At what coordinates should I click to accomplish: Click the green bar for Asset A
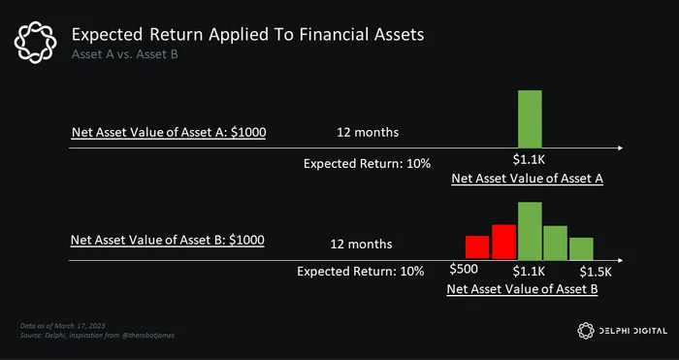pos(530,118)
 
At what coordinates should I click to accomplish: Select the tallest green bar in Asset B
pos(530,231)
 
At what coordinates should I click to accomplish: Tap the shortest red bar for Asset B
pos(477,246)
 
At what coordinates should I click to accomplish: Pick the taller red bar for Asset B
pos(503,242)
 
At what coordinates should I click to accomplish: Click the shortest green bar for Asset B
pos(581,248)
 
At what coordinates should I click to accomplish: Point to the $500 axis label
pos(464,269)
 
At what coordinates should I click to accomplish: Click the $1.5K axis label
pos(596,272)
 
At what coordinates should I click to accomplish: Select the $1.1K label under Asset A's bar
pos(529,159)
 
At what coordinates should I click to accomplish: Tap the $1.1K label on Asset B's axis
pos(529,272)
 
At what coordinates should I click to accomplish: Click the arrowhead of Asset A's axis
pos(621,148)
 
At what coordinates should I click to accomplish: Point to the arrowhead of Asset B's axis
pos(621,260)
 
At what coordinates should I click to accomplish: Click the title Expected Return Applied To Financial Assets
pos(247,35)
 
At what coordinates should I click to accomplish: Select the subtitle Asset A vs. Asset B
pos(125,54)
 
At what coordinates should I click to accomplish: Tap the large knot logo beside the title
pos(35,43)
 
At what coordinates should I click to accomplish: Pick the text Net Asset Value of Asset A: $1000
pos(169,132)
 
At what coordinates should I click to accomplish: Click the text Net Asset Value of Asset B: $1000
pos(168,240)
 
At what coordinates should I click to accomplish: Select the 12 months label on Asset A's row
pos(368,132)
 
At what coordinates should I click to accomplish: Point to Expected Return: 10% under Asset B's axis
pos(360,272)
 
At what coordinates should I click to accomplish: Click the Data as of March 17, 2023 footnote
pos(63,326)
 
